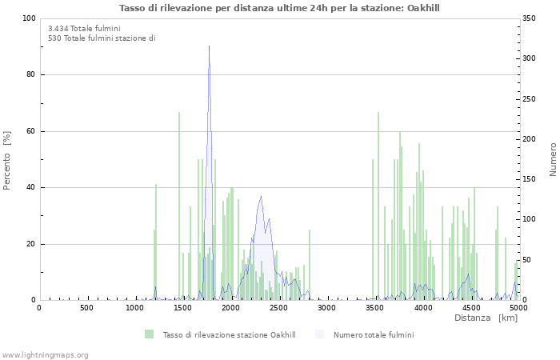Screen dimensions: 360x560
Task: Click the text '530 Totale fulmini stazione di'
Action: pyautogui.click(x=102, y=38)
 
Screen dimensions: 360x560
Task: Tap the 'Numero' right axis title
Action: pyautogui.click(x=553, y=159)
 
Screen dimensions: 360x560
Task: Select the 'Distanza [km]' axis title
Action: pyautogui.click(x=486, y=318)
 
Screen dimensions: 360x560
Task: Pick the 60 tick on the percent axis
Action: pyautogui.click(x=30, y=131)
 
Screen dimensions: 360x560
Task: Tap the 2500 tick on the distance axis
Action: pyautogui.click(x=278, y=308)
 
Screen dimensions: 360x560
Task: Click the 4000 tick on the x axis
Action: pyautogui.click(x=422, y=308)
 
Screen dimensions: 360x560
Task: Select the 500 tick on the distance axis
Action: pyautogui.click(x=86, y=308)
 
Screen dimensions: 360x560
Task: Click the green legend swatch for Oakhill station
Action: pyautogui.click(x=149, y=334)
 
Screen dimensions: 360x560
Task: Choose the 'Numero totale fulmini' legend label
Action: pyautogui.click(x=374, y=334)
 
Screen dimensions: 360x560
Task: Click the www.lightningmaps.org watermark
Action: pyautogui.click(x=45, y=354)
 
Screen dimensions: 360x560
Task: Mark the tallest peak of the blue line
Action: pyautogui.click(x=209, y=48)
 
